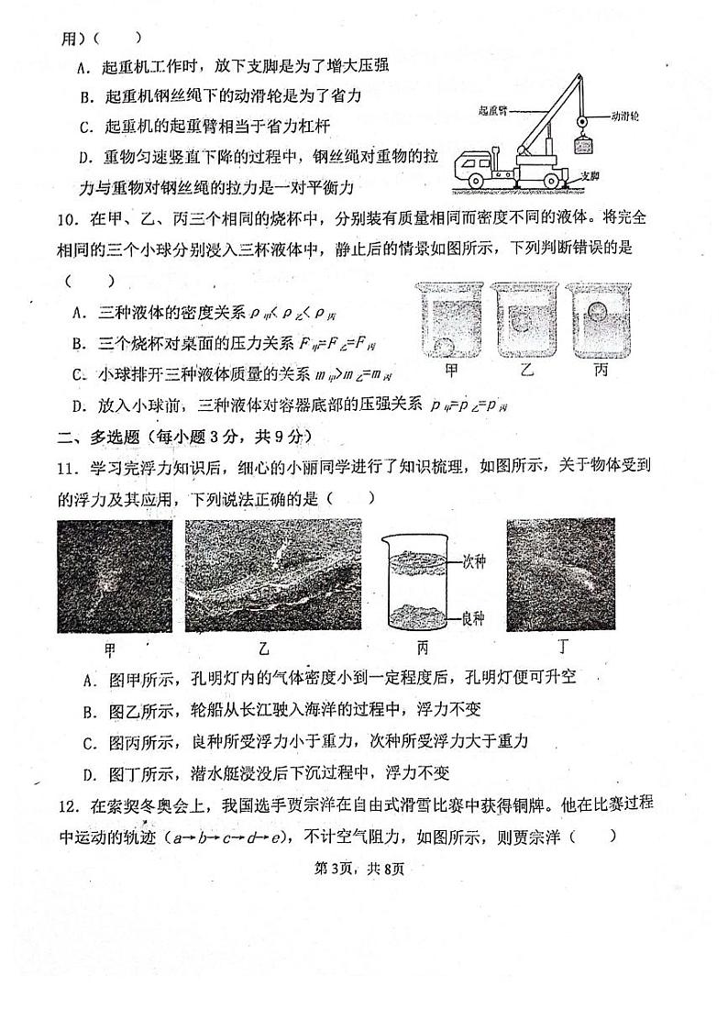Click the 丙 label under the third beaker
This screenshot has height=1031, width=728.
[601, 371]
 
